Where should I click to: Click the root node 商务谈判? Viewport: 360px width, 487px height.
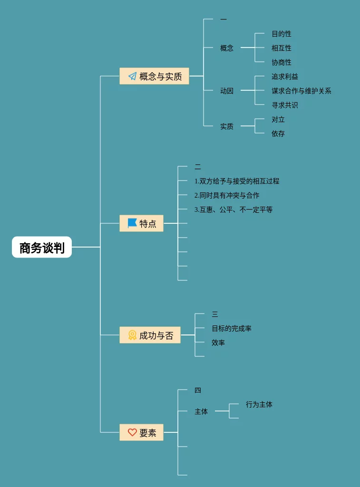[x=42, y=248]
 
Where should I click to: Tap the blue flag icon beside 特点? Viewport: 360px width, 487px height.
[x=132, y=223]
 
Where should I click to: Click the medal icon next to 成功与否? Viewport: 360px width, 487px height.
[x=132, y=335]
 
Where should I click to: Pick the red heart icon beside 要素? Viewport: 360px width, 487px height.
[x=132, y=432]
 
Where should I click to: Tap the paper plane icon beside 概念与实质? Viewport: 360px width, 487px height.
[x=132, y=76]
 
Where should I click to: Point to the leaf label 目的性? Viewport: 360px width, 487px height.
[x=281, y=34]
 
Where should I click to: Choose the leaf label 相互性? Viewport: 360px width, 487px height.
[x=281, y=48]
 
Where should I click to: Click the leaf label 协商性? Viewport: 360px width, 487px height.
[x=281, y=62]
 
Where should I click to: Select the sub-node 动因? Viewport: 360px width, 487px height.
[x=227, y=91]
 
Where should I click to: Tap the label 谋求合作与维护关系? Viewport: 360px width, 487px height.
[x=301, y=91]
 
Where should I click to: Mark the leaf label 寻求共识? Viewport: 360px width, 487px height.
[x=284, y=105]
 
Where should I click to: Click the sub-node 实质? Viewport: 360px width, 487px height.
[x=227, y=126]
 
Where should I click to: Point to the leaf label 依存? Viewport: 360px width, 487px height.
[x=278, y=134]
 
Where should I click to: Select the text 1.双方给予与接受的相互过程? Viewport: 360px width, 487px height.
[x=236, y=181]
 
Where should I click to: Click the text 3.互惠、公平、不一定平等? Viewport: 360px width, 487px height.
[x=233, y=210]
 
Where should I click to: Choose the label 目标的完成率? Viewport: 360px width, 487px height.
[x=231, y=328]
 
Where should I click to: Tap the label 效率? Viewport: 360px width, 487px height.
[x=218, y=343]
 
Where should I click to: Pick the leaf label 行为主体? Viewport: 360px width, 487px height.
[x=259, y=404]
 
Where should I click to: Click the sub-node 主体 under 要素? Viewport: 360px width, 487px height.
[x=201, y=411]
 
